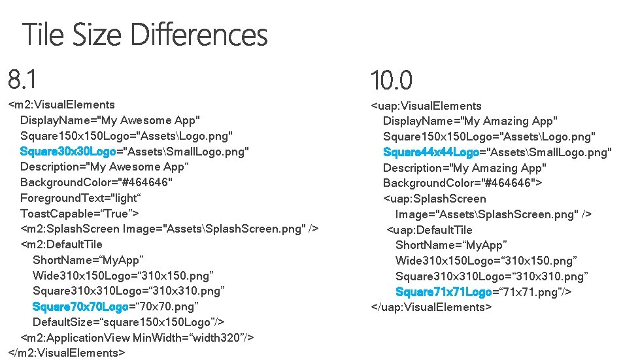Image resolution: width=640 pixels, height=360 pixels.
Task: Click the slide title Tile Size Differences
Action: pyautogui.click(x=145, y=35)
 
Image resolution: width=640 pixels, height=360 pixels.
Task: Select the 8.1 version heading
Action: pyautogui.click(x=22, y=80)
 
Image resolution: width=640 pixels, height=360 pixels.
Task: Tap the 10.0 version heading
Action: pyautogui.click(x=392, y=81)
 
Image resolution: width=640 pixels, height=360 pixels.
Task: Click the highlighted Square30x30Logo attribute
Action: pyautogui.click(x=68, y=152)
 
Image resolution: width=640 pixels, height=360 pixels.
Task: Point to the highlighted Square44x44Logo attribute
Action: pyautogui.click(x=431, y=152)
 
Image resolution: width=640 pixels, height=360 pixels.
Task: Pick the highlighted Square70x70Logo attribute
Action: pyautogui.click(x=80, y=306)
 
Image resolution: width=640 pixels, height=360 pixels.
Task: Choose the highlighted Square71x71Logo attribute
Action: pyautogui.click(x=443, y=291)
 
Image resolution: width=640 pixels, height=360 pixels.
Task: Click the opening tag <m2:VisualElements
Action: pyautogui.click(x=61, y=105)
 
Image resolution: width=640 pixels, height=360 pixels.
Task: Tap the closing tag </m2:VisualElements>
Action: pyautogui.click(x=66, y=353)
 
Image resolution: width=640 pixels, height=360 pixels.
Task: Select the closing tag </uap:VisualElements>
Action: pyautogui.click(x=431, y=306)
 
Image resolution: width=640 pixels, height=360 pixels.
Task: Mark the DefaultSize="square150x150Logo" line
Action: pyautogui.click(x=129, y=322)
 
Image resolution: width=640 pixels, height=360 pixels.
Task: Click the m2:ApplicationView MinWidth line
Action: pyautogui.click(x=137, y=337)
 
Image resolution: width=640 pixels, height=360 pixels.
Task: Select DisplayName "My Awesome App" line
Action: pyautogui.click(x=110, y=120)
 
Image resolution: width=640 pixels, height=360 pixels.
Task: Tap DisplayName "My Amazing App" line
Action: pyautogui.click(x=470, y=121)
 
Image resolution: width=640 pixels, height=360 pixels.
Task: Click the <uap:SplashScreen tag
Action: pyautogui.click(x=435, y=199)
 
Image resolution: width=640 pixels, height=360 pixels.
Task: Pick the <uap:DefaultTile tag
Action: pyautogui.click(x=429, y=230)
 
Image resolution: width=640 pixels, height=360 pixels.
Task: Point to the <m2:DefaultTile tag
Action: pyautogui.click(x=61, y=244)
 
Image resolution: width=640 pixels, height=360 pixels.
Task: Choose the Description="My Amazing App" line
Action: pyautogui.click(x=465, y=168)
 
